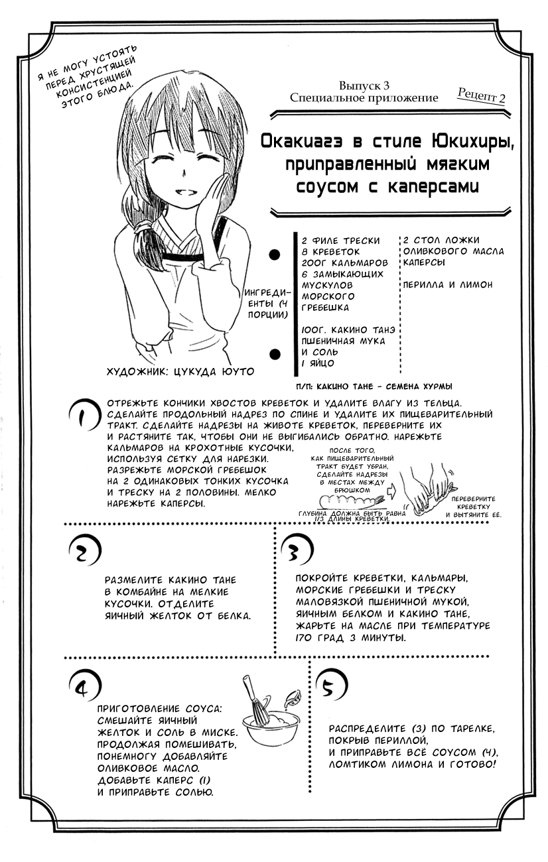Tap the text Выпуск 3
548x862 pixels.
[364, 86]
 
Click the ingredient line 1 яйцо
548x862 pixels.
[318, 363]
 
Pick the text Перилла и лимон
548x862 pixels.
[448, 284]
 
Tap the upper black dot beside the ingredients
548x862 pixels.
[273, 254]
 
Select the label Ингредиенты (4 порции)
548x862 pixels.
[265, 303]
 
